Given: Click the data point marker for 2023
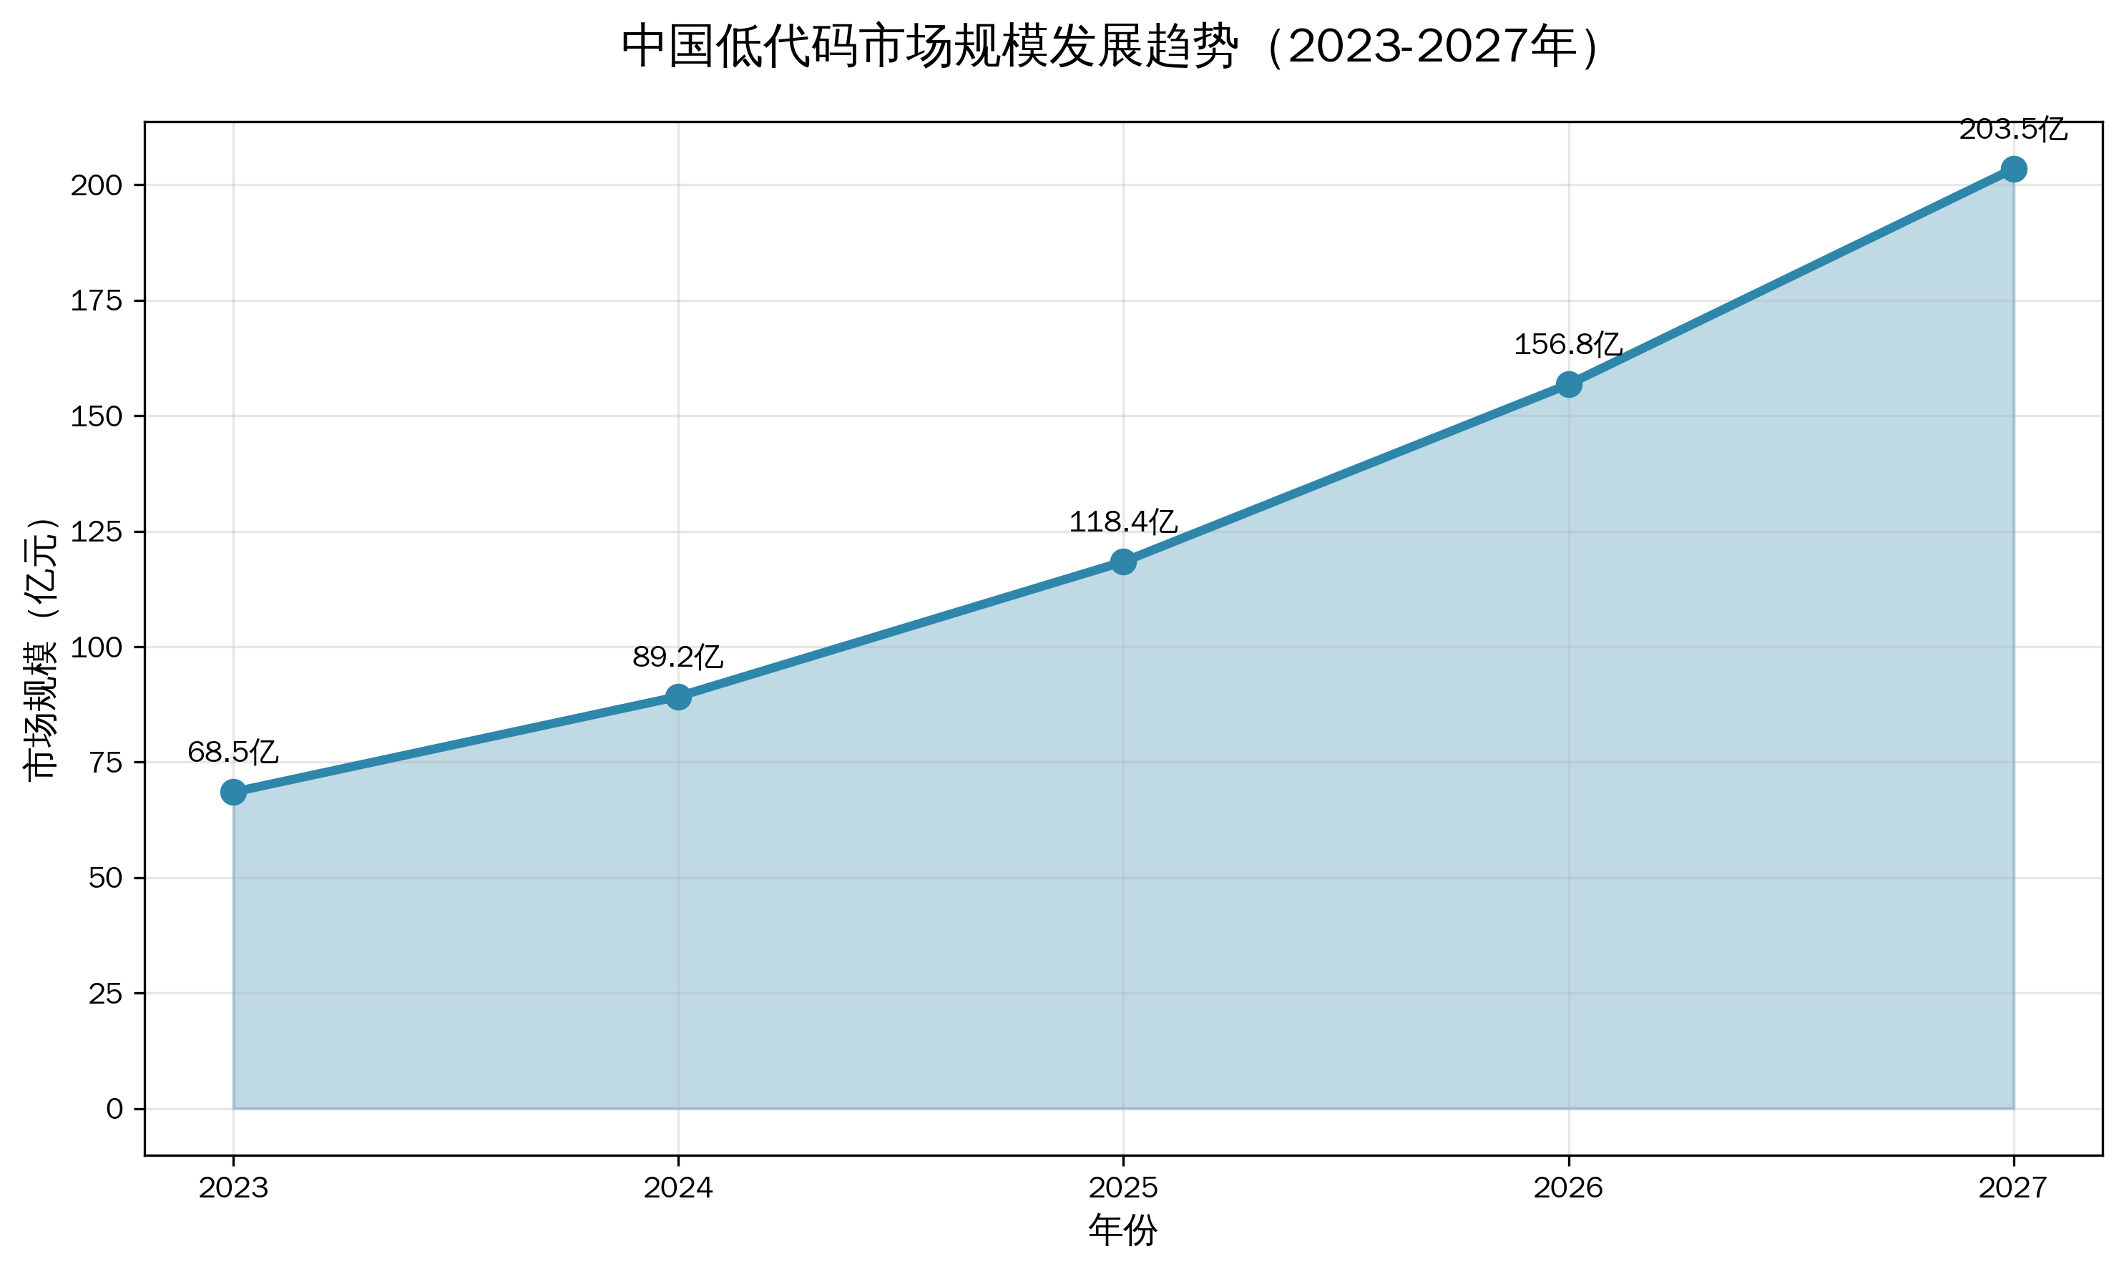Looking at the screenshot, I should coord(233,792).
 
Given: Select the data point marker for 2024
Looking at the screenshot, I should coord(678,697).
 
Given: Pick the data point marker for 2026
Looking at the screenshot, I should coord(1568,385).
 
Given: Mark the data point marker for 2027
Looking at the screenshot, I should coord(2014,170).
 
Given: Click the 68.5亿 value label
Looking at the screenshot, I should coord(233,753).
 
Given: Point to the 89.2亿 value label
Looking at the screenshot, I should coord(677,657).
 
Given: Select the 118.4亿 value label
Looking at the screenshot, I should coord(1122,521).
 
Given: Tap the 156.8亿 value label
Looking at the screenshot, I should coord(1567,345).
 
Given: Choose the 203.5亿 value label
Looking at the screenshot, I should coord(2013,130).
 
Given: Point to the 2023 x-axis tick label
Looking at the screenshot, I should coord(233,1187).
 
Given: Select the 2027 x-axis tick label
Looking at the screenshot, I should coord(2014,1187).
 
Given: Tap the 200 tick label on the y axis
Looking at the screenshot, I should coord(97,185).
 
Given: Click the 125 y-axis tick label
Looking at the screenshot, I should coord(97,532).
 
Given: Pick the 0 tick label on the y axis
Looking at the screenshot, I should coord(114,1109).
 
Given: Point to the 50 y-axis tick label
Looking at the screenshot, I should coord(106,878).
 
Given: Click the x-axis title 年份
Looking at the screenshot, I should coord(1122,1230).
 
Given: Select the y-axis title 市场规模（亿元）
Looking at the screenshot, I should coord(41,648).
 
